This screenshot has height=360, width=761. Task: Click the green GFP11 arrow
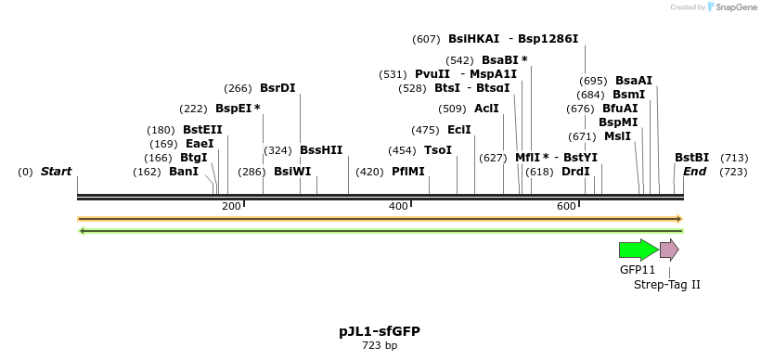pos(638,249)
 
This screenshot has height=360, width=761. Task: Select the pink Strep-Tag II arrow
pos(668,249)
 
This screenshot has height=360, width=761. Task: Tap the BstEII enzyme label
pos(202,130)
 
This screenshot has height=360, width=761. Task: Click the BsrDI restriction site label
pos(277,89)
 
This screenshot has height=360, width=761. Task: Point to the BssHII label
pos(321,150)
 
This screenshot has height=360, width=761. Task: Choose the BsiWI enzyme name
pos(292,172)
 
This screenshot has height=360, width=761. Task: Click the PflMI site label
pos(407,172)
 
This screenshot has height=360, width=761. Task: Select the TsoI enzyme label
pos(438,150)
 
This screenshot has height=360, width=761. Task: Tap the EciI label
pos(459,130)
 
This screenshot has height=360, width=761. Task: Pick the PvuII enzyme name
pos(432,74)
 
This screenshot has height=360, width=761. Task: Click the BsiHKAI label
pos(473,39)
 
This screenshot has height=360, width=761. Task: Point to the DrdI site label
pos(575,172)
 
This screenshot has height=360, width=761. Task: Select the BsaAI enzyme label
pos(634,81)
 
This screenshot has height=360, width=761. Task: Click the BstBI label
pos(691,158)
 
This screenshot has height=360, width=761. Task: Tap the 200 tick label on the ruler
pos(231,206)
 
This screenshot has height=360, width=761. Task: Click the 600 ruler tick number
pos(566,206)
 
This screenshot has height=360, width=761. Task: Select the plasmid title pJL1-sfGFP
pos(380,331)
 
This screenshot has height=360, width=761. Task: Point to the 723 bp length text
pos(380,346)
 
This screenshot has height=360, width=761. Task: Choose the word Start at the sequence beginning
pos(56,172)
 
